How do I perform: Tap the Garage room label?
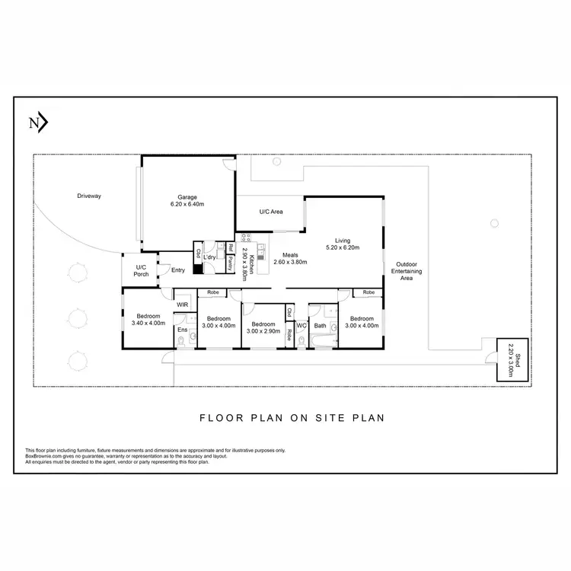[187, 197]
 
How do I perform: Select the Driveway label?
[89, 196]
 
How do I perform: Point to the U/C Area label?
[271, 212]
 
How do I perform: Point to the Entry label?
[178, 270]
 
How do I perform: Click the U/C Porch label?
[141, 270]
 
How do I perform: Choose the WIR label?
[183, 305]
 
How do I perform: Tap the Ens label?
[183, 330]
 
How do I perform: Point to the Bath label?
[320, 326]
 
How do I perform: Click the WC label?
[301, 326]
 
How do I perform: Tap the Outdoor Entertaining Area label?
[407, 272]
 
